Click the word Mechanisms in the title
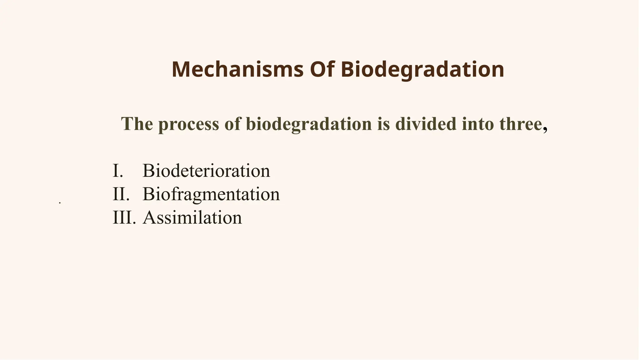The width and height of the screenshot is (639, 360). point(237,69)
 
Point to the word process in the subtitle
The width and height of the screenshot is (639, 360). point(188,124)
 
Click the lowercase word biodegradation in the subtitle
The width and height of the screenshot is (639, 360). point(309,124)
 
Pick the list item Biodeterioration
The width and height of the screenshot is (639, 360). point(206,171)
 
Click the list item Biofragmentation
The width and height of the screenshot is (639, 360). point(211,194)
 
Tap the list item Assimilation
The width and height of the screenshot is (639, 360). point(192,218)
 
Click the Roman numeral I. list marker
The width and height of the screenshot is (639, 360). point(118,171)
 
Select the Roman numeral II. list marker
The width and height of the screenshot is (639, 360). point(121,194)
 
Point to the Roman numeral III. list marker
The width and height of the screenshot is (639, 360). point(124,218)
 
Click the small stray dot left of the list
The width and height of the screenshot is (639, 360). point(60,203)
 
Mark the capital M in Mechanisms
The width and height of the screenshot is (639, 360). point(180,69)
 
